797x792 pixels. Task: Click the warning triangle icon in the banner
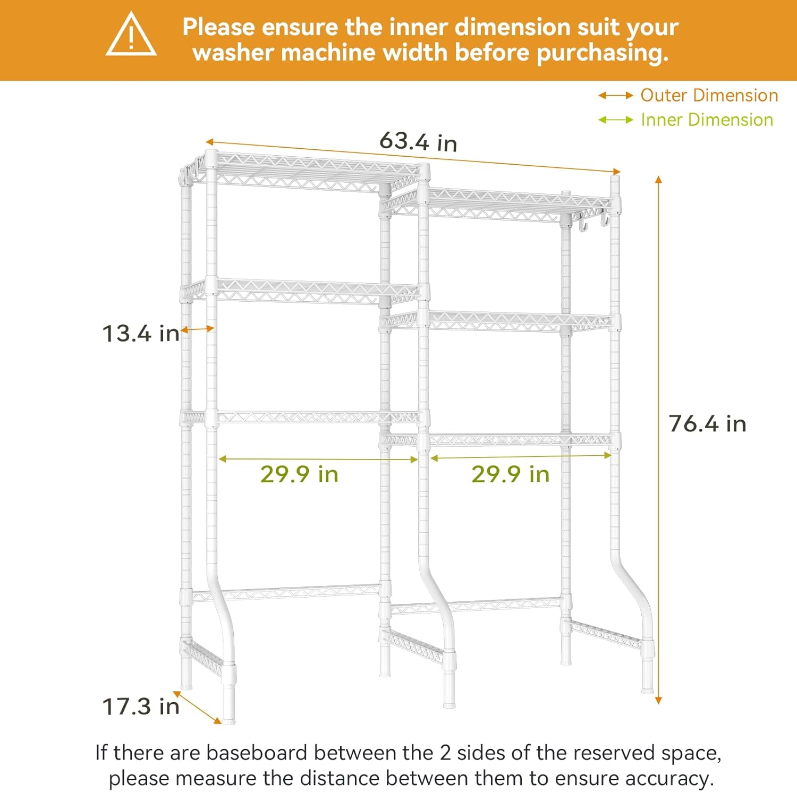[x=131, y=35]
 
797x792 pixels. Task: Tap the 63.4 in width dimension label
[x=418, y=142]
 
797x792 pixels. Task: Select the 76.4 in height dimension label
[x=707, y=424]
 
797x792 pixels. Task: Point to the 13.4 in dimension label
[x=141, y=334]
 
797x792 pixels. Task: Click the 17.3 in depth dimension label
[x=141, y=706]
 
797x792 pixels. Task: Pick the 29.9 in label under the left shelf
[x=299, y=474]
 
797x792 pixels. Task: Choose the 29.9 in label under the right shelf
[x=510, y=474]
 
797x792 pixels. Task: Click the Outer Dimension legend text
[x=709, y=95]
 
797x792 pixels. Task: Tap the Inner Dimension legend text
[x=707, y=120]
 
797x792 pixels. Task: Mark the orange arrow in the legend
[x=616, y=96]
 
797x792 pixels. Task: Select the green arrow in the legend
[x=616, y=120]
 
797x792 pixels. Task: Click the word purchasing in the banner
[x=603, y=53]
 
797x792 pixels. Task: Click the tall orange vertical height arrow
[x=658, y=440]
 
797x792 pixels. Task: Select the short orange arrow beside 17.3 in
[x=197, y=707]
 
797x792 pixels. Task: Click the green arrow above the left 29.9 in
[x=318, y=459]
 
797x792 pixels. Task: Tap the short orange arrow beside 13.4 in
[x=197, y=330]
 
